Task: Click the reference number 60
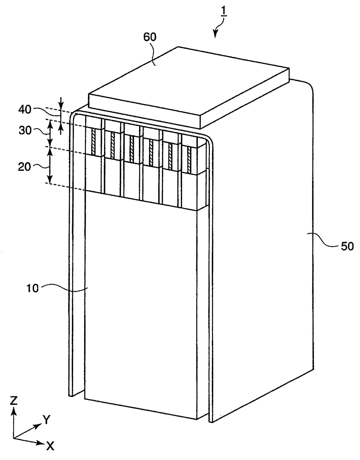[x=150, y=37]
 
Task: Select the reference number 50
[x=347, y=246]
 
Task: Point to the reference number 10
[x=32, y=288]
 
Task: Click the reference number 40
[x=24, y=109]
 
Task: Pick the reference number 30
[x=25, y=131]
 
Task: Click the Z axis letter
[x=14, y=401]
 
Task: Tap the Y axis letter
[x=46, y=420]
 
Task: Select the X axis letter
[x=50, y=446]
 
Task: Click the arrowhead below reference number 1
[x=215, y=34]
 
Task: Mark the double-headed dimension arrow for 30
[x=50, y=133]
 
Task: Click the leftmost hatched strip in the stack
[x=93, y=142]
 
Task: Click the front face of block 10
[x=139, y=305]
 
